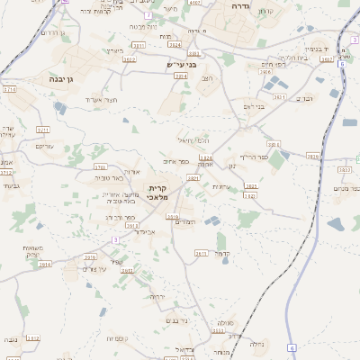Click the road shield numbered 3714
(x=9, y=91)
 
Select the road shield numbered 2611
(x=202, y=254)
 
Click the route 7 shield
(x=148, y=15)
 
